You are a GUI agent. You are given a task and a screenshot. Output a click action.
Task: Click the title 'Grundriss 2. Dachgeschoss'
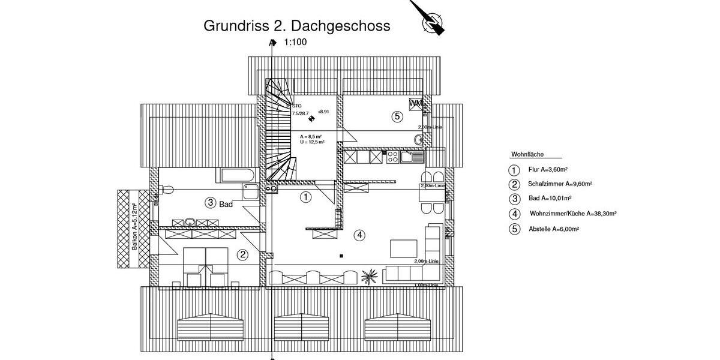pyautogui.click(x=297, y=26)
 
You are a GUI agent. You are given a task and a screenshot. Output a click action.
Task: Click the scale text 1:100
pyautogui.click(x=296, y=43)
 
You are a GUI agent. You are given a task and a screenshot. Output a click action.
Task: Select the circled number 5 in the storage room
pyautogui.click(x=397, y=116)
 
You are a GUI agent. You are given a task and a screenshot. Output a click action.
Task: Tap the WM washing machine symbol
pyautogui.click(x=416, y=104)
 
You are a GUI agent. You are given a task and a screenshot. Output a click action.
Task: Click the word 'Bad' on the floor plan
pyautogui.click(x=226, y=204)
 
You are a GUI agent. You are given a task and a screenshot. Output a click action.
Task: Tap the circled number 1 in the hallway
pyautogui.click(x=305, y=196)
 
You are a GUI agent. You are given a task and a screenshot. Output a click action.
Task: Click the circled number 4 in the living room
pyautogui.click(x=359, y=235)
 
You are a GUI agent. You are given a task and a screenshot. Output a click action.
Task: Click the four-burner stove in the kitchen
pyautogui.click(x=392, y=157)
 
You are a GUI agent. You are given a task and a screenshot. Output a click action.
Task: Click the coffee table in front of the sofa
pyautogui.click(x=403, y=248)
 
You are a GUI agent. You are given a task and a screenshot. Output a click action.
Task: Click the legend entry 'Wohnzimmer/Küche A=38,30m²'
pyautogui.click(x=572, y=214)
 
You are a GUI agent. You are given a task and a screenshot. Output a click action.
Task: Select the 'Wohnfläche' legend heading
pyautogui.click(x=527, y=154)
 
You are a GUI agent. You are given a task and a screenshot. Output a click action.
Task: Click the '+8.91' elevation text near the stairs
pyautogui.click(x=324, y=112)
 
